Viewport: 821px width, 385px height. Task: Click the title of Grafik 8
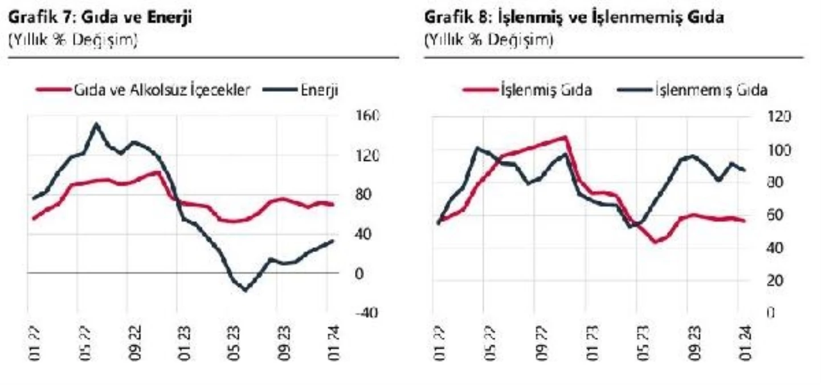click(x=574, y=18)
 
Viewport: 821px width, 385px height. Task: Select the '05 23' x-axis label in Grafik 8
click(x=641, y=345)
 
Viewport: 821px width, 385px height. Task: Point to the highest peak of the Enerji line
click(x=97, y=124)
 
